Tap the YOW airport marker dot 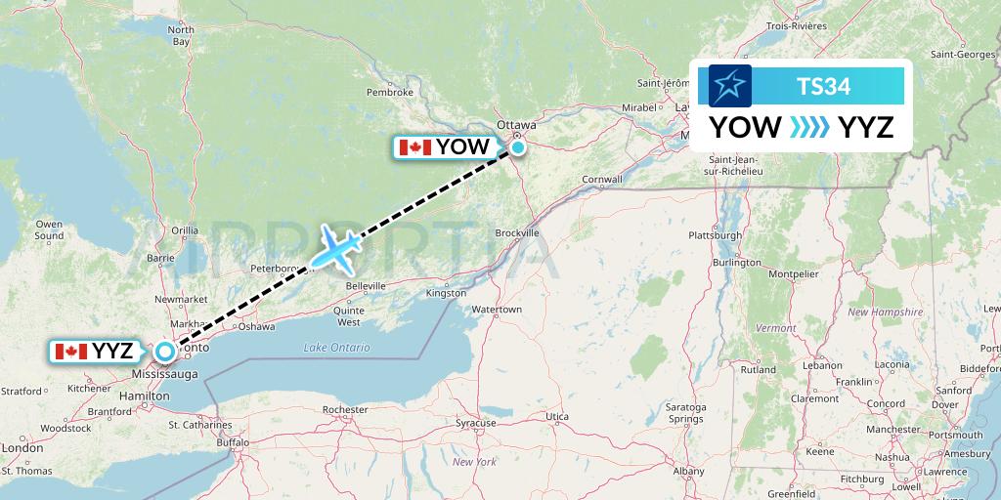pyautogui.click(x=517, y=147)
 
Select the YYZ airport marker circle pyautogui.click(x=165, y=351)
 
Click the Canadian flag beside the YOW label pyautogui.click(x=414, y=147)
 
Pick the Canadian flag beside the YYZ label pyautogui.click(x=70, y=352)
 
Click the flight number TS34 pyautogui.click(x=823, y=87)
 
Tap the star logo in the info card pyautogui.click(x=729, y=86)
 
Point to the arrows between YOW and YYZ pyautogui.click(x=809, y=127)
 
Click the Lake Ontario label pyautogui.click(x=336, y=348)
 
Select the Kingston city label pyautogui.click(x=446, y=293)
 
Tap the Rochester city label pyautogui.click(x=345, y=409)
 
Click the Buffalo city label pyautogui.click(x=234, y=442)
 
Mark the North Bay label pyautogui.click(x=181, y=36)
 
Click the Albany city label pyautogui.click(x=688, y=471)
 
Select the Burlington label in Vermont pyautogui.click(x=736, y=263)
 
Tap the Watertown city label pyautogui.click(x=497, y=310)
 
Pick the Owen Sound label pyautogui.click(x=48, y=230)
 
